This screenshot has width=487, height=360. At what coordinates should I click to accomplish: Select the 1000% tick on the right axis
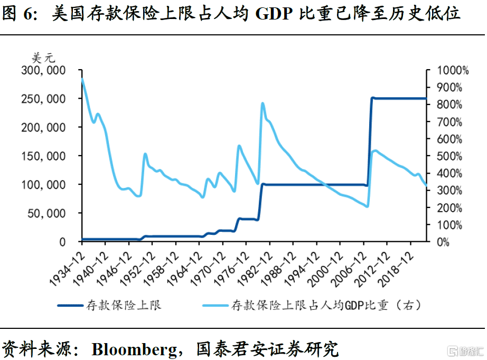click(x=448, y=70)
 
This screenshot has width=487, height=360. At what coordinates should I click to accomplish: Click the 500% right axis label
click(x=446, y=156)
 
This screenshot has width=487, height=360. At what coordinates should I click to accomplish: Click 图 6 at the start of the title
click(x=16, y=14)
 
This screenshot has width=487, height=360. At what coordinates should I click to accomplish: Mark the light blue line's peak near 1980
click(x=263, y=103)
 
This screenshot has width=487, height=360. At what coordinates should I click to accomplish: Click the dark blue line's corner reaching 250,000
click(x=372, y=98)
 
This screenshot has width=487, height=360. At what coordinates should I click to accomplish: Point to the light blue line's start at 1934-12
click(x=82, y=79)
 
